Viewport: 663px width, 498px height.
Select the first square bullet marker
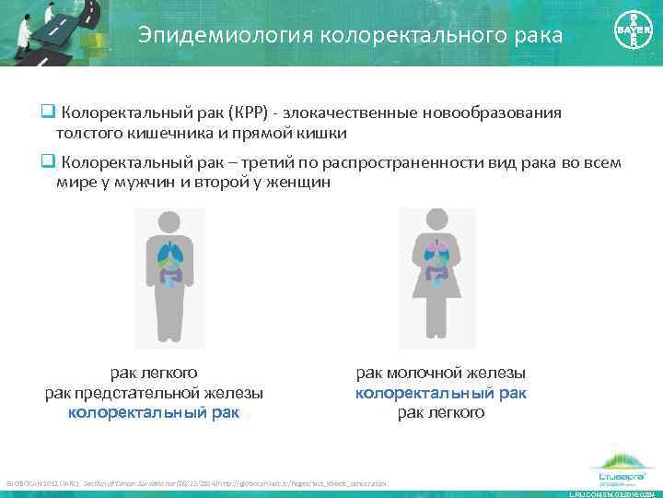tap(45, 113)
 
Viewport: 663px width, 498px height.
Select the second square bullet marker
tap(45, 162)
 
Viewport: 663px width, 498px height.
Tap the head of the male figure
tap(169, 222)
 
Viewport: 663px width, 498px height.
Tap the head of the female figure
tap(437, 221)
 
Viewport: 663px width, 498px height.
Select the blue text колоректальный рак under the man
tap(154, 412)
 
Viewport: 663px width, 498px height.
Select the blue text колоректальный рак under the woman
tap(441, 393)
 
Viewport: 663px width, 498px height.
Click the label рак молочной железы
tap(441, 373)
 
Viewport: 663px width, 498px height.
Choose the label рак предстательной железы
tap(154, 393)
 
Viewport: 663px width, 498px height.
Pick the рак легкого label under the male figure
tap(154, 373)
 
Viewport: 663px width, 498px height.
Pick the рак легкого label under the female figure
tap(441, 412)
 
